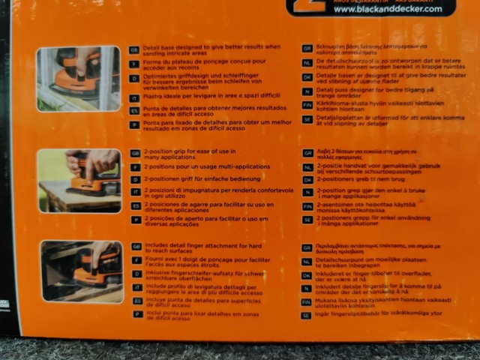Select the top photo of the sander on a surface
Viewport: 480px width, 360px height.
(78, 79)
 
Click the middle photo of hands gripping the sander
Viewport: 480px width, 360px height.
(79, 181)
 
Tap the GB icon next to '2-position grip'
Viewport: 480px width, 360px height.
(136, 153)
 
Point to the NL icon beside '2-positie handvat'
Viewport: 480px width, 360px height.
(307, 166)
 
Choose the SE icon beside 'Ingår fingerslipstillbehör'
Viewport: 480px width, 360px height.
(307, 315)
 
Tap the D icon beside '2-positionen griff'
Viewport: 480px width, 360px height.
(136, 179)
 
